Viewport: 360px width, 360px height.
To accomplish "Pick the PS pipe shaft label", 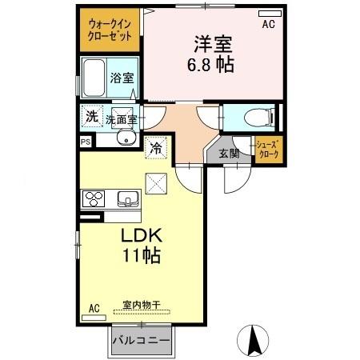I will tap(85, 142).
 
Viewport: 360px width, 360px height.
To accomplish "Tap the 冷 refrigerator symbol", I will tap(157, 146).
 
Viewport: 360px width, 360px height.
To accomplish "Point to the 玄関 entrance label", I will tap(229, 154).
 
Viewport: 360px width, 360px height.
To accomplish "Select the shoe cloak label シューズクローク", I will tap(267, 150).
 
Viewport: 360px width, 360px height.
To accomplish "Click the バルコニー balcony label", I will tap(141, 341).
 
